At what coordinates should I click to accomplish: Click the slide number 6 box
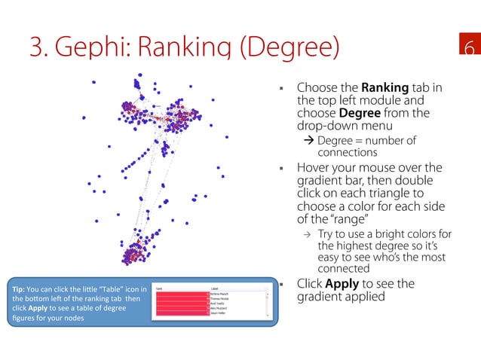point(468,47)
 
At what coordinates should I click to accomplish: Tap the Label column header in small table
point(215,287)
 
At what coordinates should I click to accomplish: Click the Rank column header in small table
point(159,287)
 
